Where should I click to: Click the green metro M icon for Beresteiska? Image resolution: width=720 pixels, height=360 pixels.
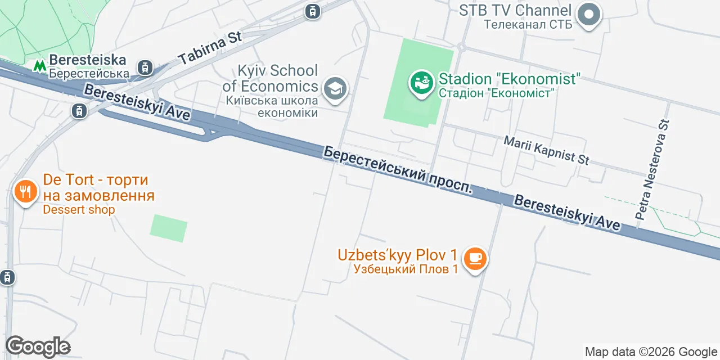39,66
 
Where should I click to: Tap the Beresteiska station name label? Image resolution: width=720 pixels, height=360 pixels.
88,66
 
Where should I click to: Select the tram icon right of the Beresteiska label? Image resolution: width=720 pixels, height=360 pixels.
146,67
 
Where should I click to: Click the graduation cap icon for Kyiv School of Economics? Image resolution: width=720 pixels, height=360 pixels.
335,89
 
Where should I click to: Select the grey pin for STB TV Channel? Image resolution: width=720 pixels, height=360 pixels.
589,15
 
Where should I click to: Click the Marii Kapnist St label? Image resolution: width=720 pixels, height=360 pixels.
546,150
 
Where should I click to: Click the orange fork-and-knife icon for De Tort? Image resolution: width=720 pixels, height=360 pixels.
25,192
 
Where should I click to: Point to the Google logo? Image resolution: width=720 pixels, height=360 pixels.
38,346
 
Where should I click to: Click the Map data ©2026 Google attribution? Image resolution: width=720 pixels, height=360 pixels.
651,352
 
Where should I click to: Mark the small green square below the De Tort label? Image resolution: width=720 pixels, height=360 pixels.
169,228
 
